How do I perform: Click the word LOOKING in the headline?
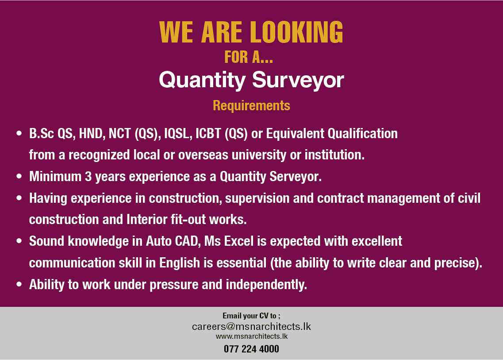tap(296, 32)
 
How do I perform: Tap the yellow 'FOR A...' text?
tap(249, 57)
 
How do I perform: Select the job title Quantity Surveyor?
tap(251, 80)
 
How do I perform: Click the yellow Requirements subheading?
tap(251, 106)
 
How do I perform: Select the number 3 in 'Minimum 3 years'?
tap(88, 177)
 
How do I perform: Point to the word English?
tap(180, 263)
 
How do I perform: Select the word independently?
tap(266, 285)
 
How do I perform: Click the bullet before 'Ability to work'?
tap(19, 284)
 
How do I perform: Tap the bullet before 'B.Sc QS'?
tap(19, 133)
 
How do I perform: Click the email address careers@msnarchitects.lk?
tap(251, 327)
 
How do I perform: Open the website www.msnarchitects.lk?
tap(251, 336)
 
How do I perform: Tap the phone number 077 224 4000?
tap(251, 349)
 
